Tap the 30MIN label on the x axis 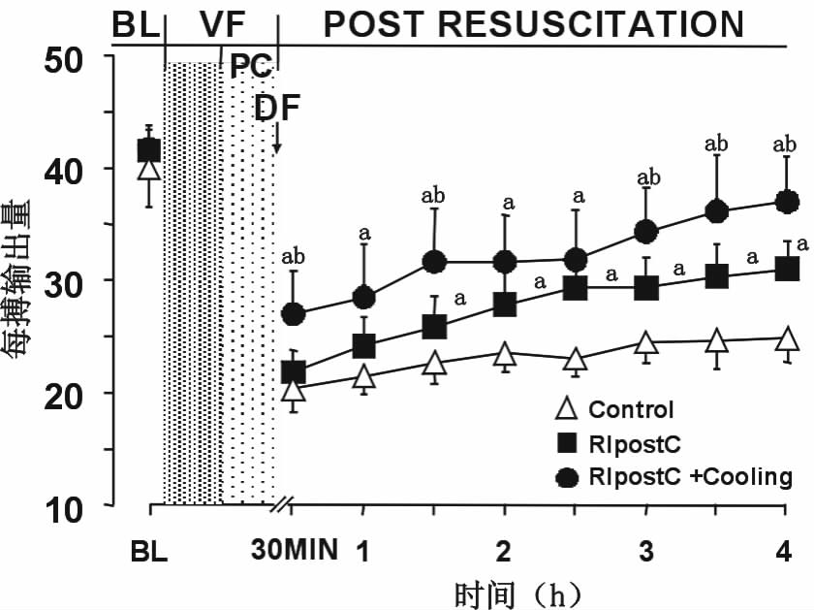[295, 552]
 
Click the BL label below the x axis [149, 553]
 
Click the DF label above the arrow [278, 109]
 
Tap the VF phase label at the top [222, 25]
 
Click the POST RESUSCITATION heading [534, 24]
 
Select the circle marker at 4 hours [787, 202]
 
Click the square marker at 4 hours [787, 269]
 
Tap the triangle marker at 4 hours [787, 339]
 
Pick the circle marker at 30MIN [294, 314]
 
